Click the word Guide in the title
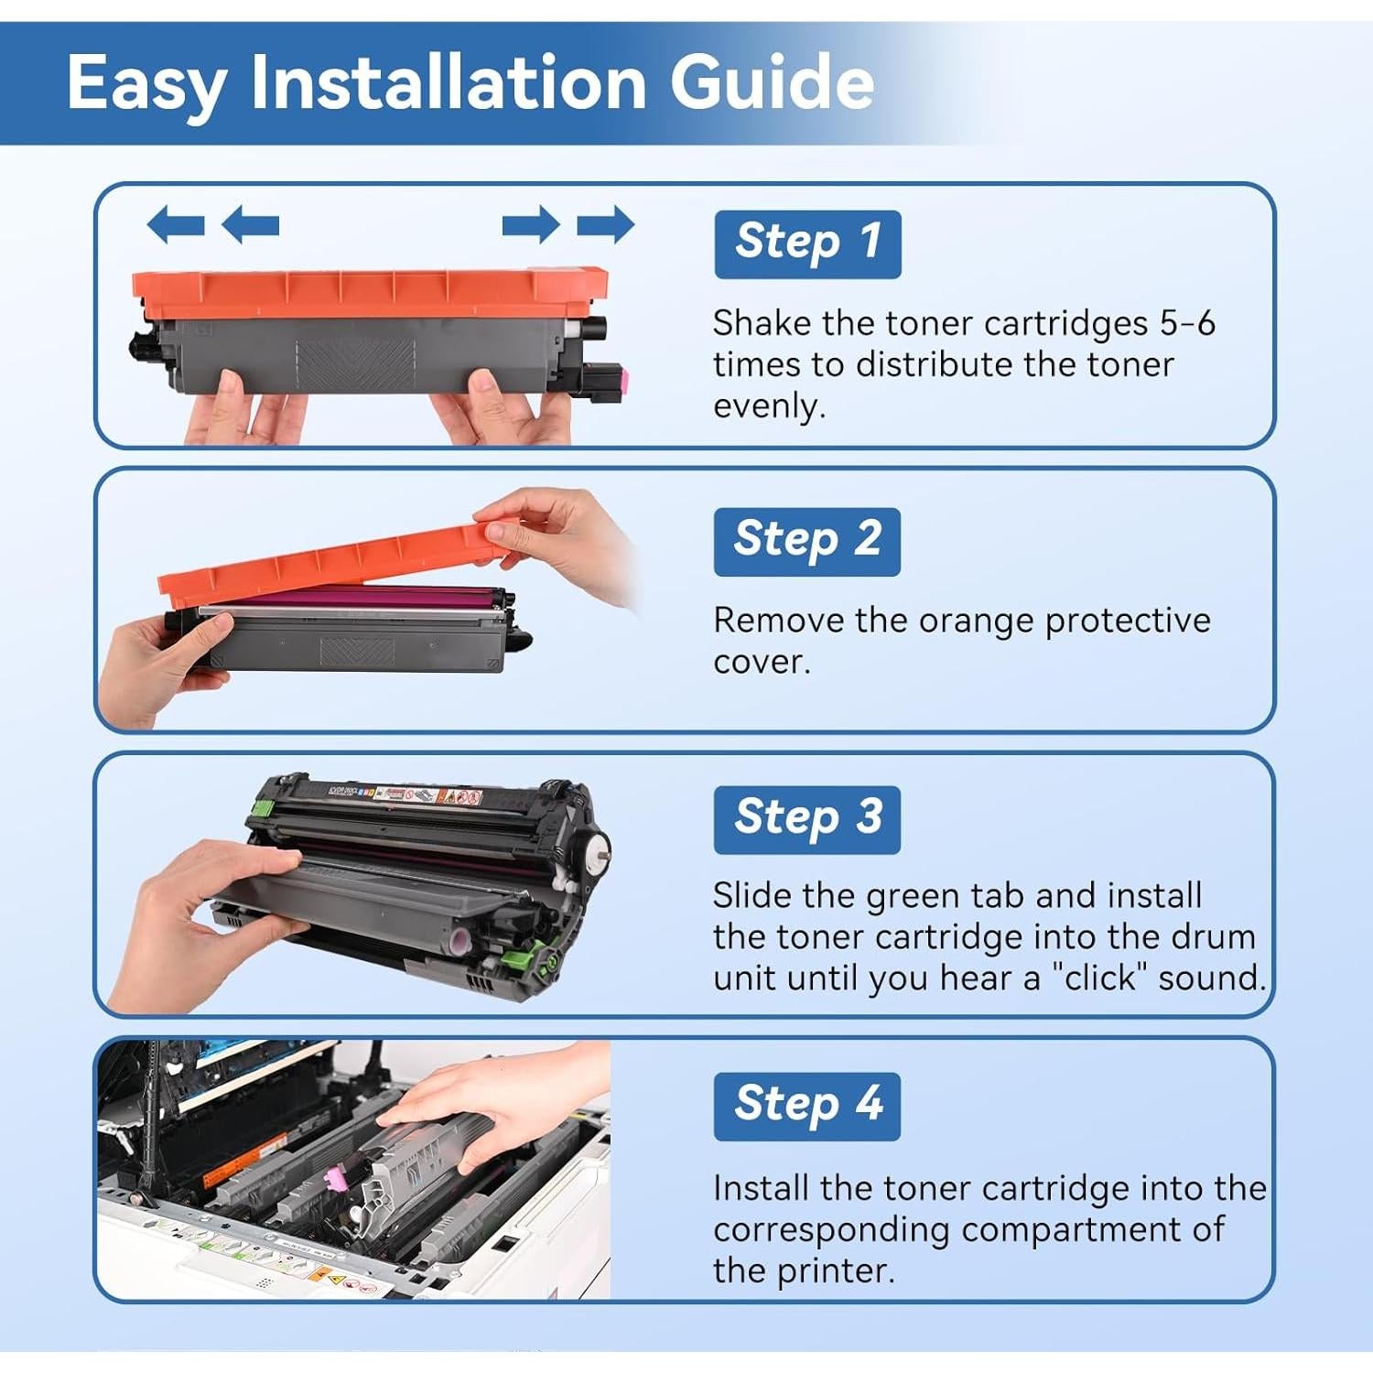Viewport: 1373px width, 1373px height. tap(772, 83)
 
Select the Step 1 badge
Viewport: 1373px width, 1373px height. tap(807, 243)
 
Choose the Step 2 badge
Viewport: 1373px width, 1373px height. tap(806, 541)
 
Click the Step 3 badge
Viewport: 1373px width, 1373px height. tap(806, 819)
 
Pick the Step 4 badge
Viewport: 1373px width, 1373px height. tap(806, 1106)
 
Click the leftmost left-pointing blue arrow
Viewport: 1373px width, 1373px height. tap(175, 224)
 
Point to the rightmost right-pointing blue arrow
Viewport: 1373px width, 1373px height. tap(606, 224)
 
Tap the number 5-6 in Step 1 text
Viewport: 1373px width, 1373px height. tap(1186, 323)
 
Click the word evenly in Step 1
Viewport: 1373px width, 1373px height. tap(768, 405)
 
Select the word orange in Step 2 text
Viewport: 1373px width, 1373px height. tap(976, 621)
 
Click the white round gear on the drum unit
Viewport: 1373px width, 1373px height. tap(596, 849)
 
